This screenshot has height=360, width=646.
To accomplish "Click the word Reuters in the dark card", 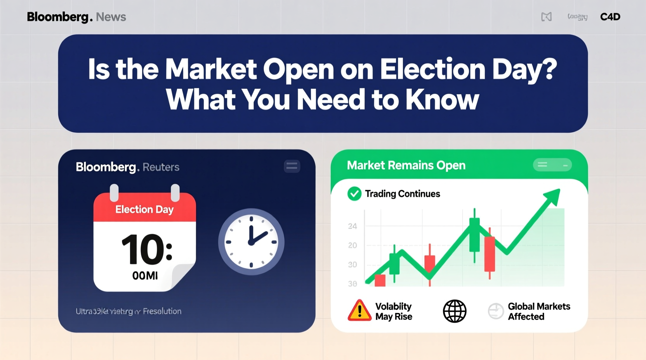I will coord(161,167).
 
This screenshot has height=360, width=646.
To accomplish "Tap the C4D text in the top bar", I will coord(610,17).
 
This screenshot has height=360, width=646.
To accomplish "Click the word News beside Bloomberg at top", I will coord(111,17).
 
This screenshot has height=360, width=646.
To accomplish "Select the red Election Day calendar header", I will coord(144,209).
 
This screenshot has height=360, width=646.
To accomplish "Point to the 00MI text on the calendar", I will coord(145,276).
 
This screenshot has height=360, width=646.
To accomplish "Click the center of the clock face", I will coord(251,242).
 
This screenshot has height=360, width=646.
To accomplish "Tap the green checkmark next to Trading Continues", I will coord(354,194).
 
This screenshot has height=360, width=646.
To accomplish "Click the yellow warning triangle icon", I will coord(359,311).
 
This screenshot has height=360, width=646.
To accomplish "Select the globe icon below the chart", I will coord(455,311).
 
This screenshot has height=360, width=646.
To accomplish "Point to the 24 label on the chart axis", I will coord(353,226).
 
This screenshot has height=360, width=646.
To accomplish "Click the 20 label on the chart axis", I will coord(353,246).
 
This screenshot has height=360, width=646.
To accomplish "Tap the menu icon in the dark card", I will coord(292,166).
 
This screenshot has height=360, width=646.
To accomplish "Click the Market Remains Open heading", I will coord(406,165).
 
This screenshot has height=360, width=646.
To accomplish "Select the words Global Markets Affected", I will coord(539,312).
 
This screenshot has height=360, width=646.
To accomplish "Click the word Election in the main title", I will coord(432,70).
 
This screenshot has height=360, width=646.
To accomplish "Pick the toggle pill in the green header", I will coord(552,165).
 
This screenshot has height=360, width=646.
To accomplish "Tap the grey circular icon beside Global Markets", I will coord(496,311).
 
